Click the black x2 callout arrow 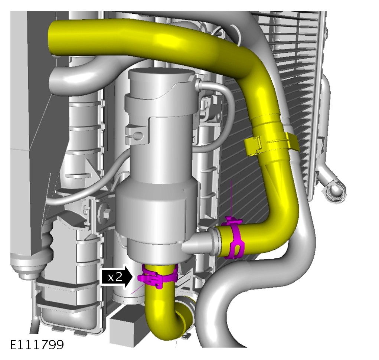tap(117, 276)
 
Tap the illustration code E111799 tap(37, 344)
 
